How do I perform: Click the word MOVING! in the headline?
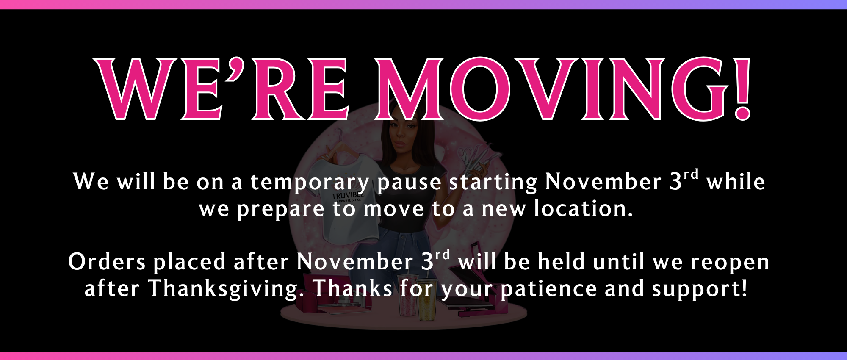coord(564,89)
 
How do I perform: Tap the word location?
coord(583,208)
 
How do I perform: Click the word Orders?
coord(107,261)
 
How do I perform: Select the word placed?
coord(189,261)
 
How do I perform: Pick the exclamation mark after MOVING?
coord(743,89)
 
